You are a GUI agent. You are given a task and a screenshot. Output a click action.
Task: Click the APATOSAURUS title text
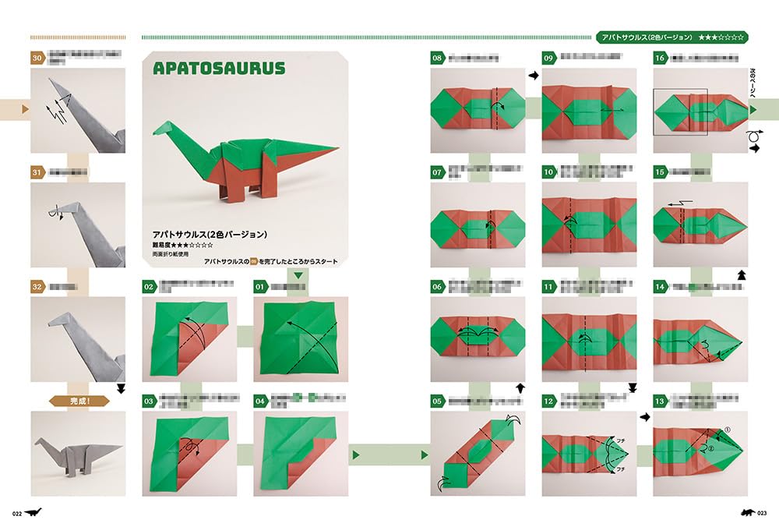pos(219,69)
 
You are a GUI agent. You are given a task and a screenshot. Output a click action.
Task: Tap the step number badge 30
pos(37,58)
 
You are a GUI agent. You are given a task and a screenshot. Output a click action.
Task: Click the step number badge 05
pos(437,401)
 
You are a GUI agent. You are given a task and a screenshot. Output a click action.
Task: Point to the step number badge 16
pos(660,58)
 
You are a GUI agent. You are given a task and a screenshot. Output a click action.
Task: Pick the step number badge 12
pos(548,401)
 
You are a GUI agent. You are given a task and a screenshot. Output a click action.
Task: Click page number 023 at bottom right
pos(761,512)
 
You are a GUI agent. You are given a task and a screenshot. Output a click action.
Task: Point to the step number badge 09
pos(548,58)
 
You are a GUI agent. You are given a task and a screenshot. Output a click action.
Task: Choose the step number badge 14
pos(660,287)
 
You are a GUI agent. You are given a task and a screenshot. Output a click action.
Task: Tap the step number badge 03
pos(149,401)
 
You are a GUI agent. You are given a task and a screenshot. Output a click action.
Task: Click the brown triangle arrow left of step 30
pos(26,109)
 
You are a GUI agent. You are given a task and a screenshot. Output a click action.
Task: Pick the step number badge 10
pos(548,172)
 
